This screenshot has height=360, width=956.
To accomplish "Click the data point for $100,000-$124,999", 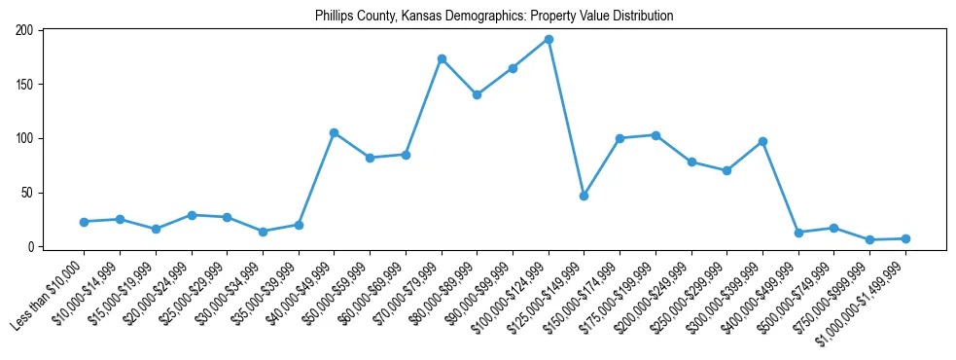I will tap(549, 40).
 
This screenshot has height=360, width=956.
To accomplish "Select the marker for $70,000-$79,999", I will tap(442, 59).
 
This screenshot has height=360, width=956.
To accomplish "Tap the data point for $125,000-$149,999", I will tap(584, 196).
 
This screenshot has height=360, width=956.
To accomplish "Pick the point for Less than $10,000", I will tap(84, 222).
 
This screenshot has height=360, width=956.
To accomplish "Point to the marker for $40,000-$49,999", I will tap(334, 132).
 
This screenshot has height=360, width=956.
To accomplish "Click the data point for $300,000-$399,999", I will tap(762, 141).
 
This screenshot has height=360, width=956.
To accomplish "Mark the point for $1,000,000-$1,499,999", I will tap(905, 238).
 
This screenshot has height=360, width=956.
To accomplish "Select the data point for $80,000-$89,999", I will tap(477, 95).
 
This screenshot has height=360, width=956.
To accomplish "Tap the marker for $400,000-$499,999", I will tap(798, 233).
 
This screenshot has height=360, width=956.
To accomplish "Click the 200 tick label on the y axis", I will tap(25, 31).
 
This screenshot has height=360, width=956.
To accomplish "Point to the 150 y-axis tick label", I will tap(25, 85).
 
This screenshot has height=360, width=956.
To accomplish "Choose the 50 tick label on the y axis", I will tap(28, 193).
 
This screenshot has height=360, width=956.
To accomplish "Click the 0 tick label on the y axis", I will tap(31, 247).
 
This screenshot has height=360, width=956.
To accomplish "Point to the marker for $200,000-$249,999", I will tap(691, 162).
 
